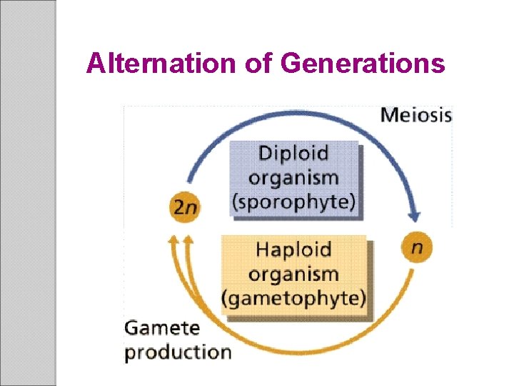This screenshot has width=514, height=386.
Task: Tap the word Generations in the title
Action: [x=363, y=64]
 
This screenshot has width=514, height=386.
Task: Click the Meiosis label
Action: [x=416, y=115]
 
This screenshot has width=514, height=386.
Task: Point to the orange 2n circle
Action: [x=185, y=207]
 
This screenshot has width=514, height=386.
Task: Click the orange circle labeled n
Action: [x=417, y=247]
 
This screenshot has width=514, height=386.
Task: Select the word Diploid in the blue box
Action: [x=293, y=153]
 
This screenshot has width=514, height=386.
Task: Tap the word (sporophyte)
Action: [x=293, y=201]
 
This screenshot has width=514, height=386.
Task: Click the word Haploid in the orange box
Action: [x=293, y=249]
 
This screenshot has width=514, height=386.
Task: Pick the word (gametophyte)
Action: [x=293, y=297]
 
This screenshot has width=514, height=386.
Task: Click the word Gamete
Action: [x=162, y=328]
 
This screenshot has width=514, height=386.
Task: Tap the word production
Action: [x=178, y=352]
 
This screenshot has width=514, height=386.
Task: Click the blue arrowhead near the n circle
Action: [x=413, y=214]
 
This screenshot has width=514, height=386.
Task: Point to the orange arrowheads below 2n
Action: [x=179, y=243]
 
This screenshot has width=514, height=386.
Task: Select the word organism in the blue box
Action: [x=293, y=177]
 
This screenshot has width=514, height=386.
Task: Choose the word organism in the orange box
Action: [x=293, y=274]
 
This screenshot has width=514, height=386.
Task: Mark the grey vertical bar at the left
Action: [x=28, y=193]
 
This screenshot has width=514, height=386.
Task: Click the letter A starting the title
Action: [x=94, y=64]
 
